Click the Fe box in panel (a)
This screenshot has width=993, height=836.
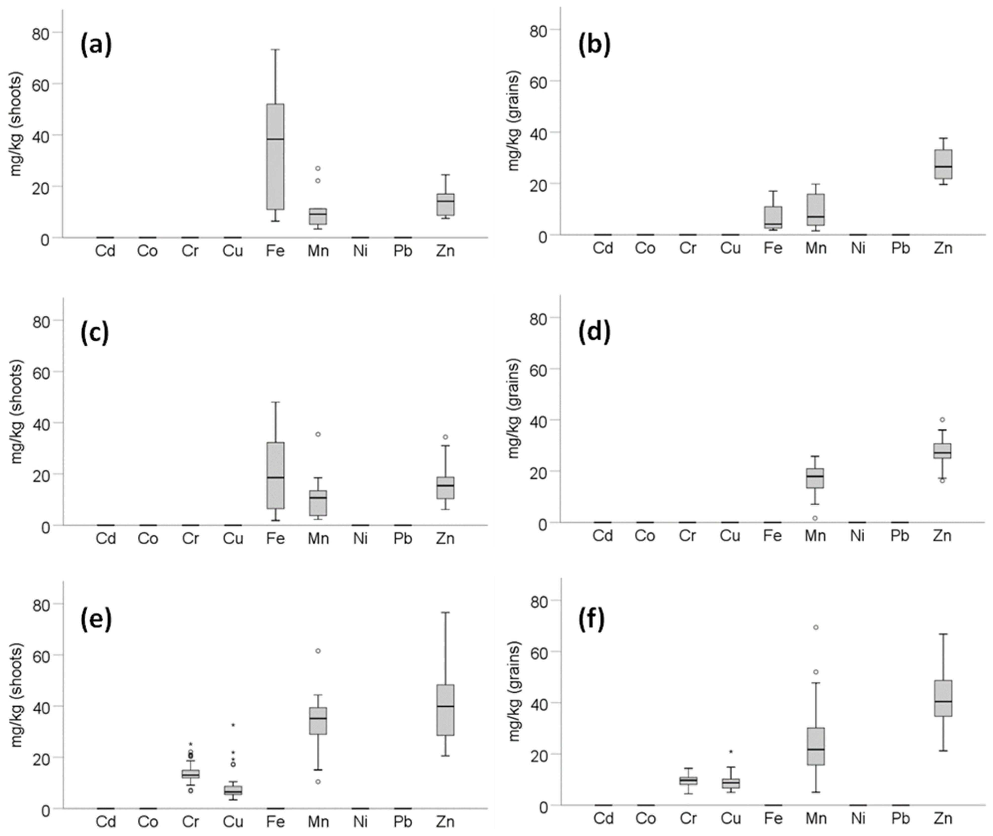(x=275, y=157)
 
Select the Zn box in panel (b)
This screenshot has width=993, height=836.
(x=943, y=164)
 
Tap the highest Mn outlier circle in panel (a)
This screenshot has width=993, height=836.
(x=318, y=168)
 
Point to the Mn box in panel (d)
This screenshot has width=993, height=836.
(x=815, y=478)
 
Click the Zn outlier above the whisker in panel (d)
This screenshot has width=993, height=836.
(x=942, y=419)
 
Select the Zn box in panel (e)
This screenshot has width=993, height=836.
(x=445, y=710)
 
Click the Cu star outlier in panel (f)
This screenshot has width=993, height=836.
(x=730, y=752)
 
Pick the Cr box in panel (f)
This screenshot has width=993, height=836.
(x=688, y=781)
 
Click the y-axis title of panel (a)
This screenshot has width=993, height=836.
(x=17, y=124)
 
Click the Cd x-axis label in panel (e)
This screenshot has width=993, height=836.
(x=105, y=821)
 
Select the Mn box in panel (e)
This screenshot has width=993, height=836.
(x=318, y=721)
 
